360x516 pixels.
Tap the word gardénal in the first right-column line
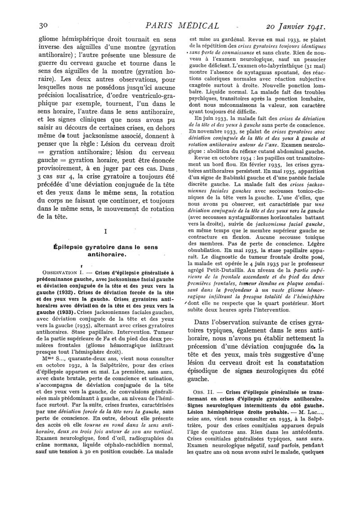229,39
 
